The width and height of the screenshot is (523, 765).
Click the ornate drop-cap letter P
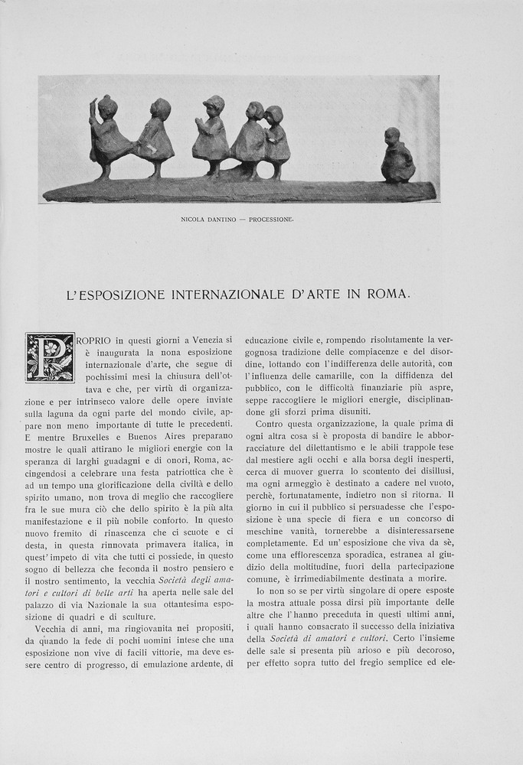[x=50, y=357]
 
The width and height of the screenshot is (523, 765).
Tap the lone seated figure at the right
[x=397, y=157]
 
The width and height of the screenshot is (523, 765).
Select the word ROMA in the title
[x=389, y=294]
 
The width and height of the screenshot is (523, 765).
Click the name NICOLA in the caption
[x=194, y=219]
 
